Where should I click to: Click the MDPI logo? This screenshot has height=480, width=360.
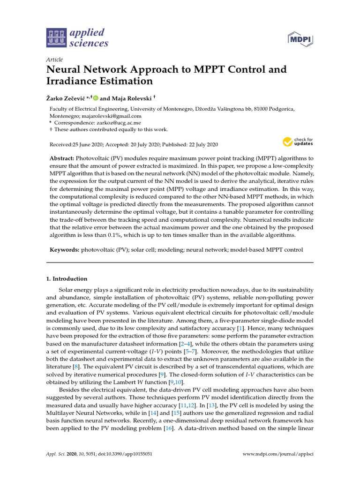[x=300, y=39]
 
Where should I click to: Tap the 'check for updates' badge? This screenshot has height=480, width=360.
[x=297, y=142]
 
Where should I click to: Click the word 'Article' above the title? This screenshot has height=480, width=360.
[x=54, y=60]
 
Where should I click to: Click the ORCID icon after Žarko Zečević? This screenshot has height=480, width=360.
[x=96, y=98]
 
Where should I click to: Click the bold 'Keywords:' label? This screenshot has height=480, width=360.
[x=65, y=250]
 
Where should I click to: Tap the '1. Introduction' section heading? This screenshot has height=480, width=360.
[x=67, y=278]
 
